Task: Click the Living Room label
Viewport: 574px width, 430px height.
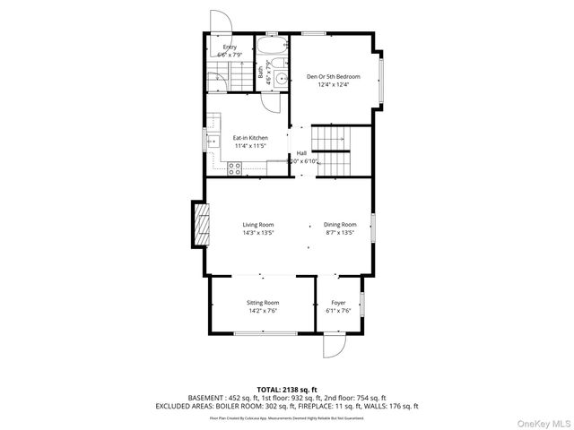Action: pos(257,224)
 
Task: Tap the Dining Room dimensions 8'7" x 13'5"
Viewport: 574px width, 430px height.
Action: pos(340,233)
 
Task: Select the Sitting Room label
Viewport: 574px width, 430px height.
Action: pos(263,303)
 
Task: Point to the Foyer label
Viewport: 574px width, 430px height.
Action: pos(338,303)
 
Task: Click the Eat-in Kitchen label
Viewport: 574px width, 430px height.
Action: pos(251,138)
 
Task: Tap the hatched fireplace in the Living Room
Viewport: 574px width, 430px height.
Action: pos(199,224)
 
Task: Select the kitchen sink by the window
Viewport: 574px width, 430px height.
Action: pos(213,142)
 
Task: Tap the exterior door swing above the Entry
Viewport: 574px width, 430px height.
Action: pos(220,22)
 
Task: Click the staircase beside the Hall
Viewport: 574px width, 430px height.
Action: pos(329,150)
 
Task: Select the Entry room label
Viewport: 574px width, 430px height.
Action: pos(230,47)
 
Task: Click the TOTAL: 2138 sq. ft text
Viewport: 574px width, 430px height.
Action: pos(287,390)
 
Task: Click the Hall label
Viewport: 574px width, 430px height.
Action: pos(301,153)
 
